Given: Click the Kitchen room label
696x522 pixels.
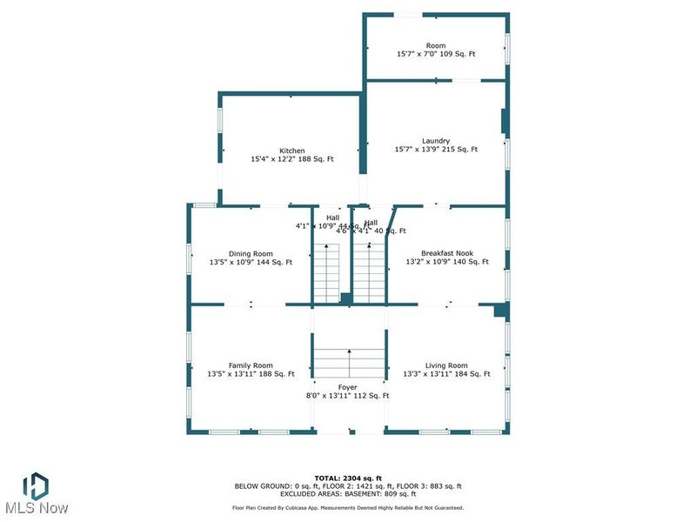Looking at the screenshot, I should (x=292, y=151).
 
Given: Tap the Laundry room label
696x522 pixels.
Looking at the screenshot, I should (x=436, y=141).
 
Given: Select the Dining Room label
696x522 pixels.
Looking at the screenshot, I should (x=251, y=254).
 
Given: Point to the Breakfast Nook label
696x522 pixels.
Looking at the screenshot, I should (x=447, y=254).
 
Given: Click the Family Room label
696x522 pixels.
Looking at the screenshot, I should (x=251, y=365).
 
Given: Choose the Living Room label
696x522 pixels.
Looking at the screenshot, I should (x=447, y=365).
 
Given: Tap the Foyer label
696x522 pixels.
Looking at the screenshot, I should (x=348, y=386).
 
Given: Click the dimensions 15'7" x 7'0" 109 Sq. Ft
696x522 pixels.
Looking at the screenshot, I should (x=436, y=54).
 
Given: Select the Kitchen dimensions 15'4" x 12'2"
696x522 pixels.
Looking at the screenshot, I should (x=292, y=159).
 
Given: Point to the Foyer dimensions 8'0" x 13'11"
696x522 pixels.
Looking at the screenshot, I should (x=348, y=396).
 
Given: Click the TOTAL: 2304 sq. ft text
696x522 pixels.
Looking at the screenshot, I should (x=348, y=478).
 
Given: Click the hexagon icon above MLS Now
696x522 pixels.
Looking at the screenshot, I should (x=35, y=484).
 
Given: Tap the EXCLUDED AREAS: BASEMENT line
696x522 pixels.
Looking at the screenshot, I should (x=348, y=493).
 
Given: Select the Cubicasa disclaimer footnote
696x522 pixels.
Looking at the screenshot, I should (x=348, y=507).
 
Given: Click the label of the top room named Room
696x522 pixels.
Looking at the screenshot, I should (x=436, y=45).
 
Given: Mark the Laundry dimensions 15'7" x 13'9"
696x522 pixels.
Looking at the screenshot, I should (x=436, y=150).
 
